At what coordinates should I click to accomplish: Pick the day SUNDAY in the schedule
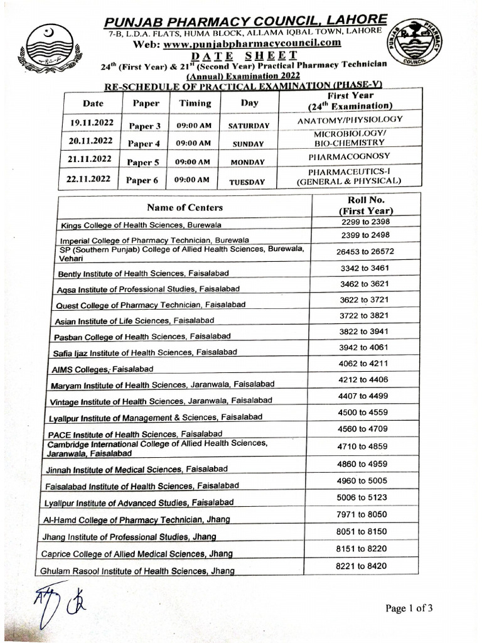pyautogui.click(x=248, y=144)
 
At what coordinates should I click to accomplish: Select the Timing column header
pyautogui.click(x=195, y=103)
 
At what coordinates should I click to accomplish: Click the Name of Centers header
pyautogui.click(x=185, y=207)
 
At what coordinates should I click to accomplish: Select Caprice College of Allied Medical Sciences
pyautogui.click(x=137, y=554)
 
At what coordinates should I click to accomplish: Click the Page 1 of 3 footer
pyautogui.click(x=410, y=608)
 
